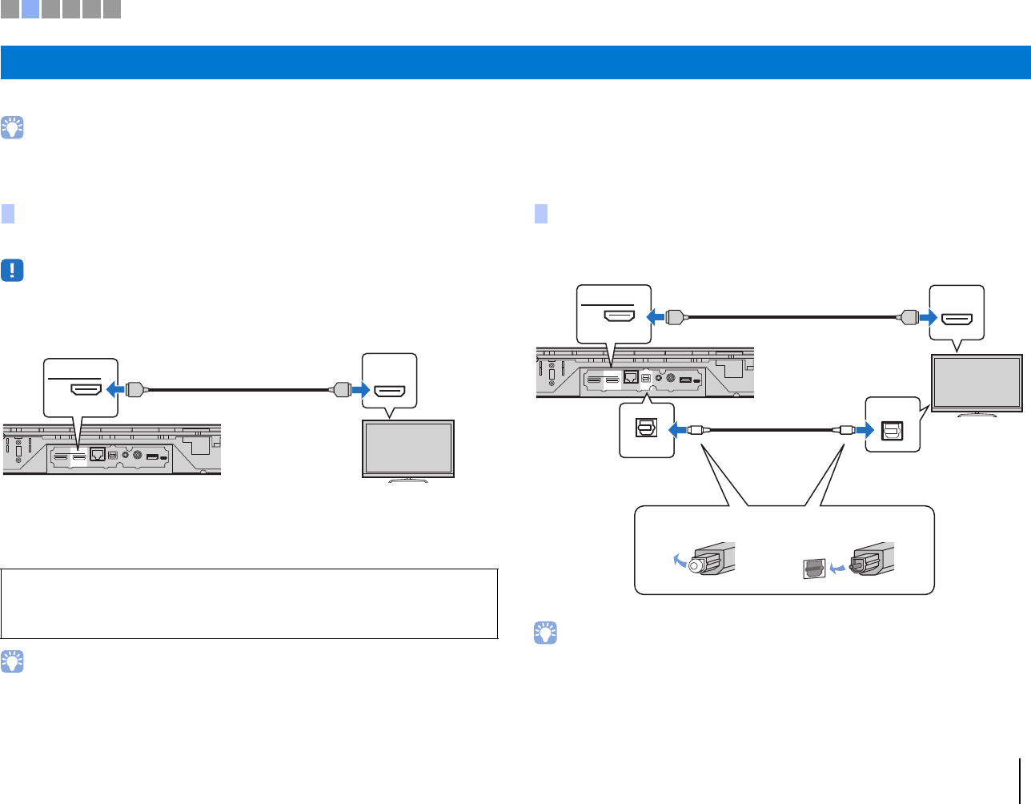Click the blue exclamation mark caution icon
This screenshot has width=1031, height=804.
click(13, 271)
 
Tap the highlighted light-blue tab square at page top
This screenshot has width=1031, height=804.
click(30, 10)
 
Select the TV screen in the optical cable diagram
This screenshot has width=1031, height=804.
click(977, 383)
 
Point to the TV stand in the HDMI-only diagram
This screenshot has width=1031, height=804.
click(409, 480)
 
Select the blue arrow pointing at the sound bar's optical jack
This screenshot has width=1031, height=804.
click(677, 430)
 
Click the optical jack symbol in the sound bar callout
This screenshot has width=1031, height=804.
click(645, 429)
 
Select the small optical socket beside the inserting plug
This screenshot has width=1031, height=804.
click(812, 569)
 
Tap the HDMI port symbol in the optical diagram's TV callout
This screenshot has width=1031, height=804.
click(957, 319)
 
